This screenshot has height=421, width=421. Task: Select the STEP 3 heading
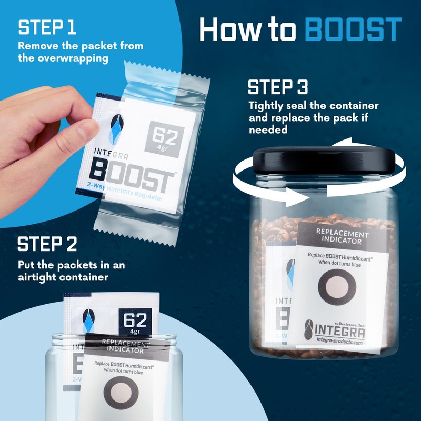click(278, 87)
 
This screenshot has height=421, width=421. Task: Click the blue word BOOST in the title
click(353, 30)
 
